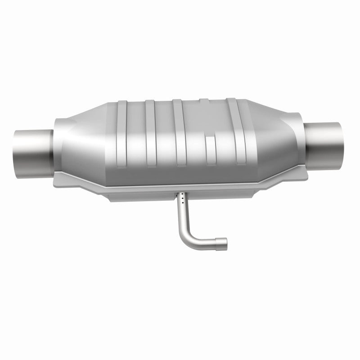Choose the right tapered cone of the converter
[x=281, y=130]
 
